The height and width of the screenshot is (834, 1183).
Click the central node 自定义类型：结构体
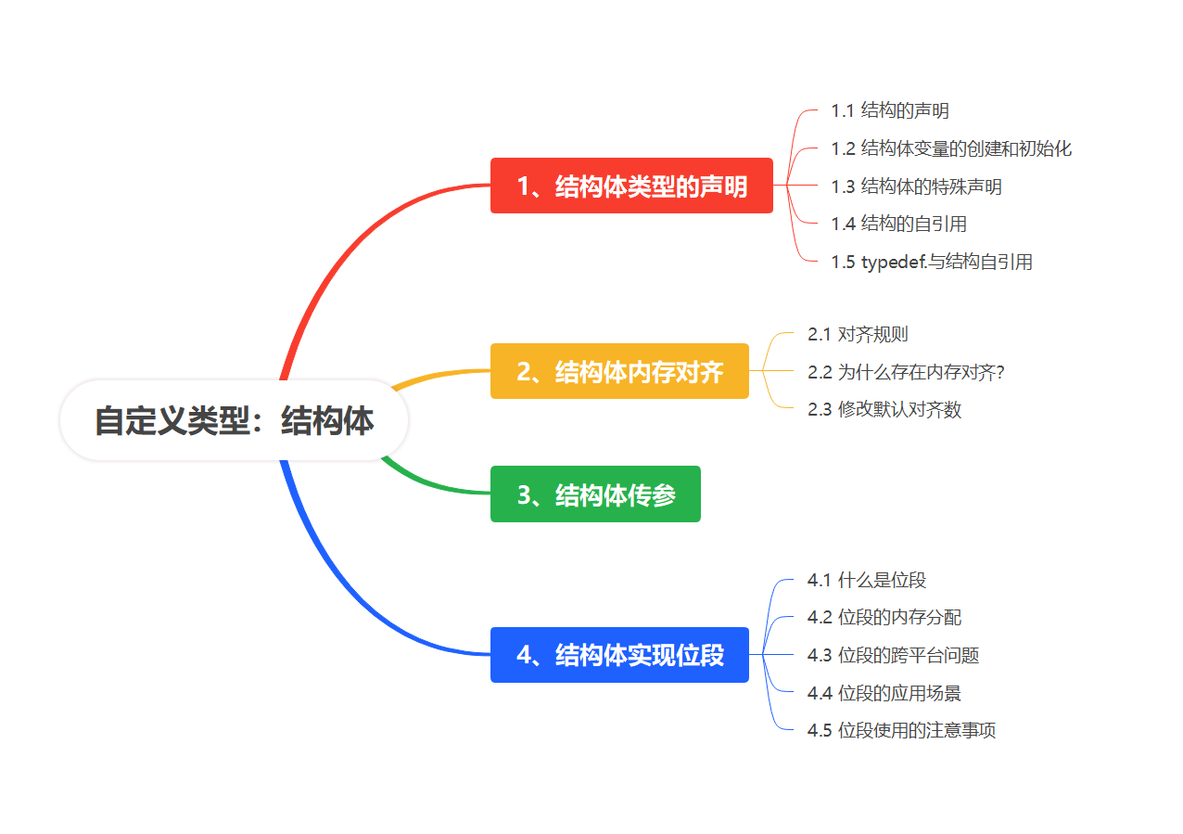[234, 420]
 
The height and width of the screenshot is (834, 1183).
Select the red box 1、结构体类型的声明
[631, 186]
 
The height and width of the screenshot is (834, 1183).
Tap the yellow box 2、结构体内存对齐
[619, 371]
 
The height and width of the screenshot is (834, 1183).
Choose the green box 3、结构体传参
[595, 494]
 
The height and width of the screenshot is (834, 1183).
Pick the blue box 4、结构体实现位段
[619, 655]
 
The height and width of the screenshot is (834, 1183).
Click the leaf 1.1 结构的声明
[890, 111]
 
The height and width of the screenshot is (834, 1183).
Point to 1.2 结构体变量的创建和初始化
[951, 148]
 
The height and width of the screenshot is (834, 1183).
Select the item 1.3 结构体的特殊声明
[916, 186]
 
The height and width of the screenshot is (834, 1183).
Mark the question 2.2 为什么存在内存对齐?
[906, 372]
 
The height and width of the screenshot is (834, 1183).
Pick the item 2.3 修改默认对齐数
[884, 409]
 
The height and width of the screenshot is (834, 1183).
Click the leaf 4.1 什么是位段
[867, 581]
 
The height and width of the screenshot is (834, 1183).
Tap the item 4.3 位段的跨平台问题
[893, 656]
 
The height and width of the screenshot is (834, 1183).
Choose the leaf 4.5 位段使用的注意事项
[901, 730]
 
